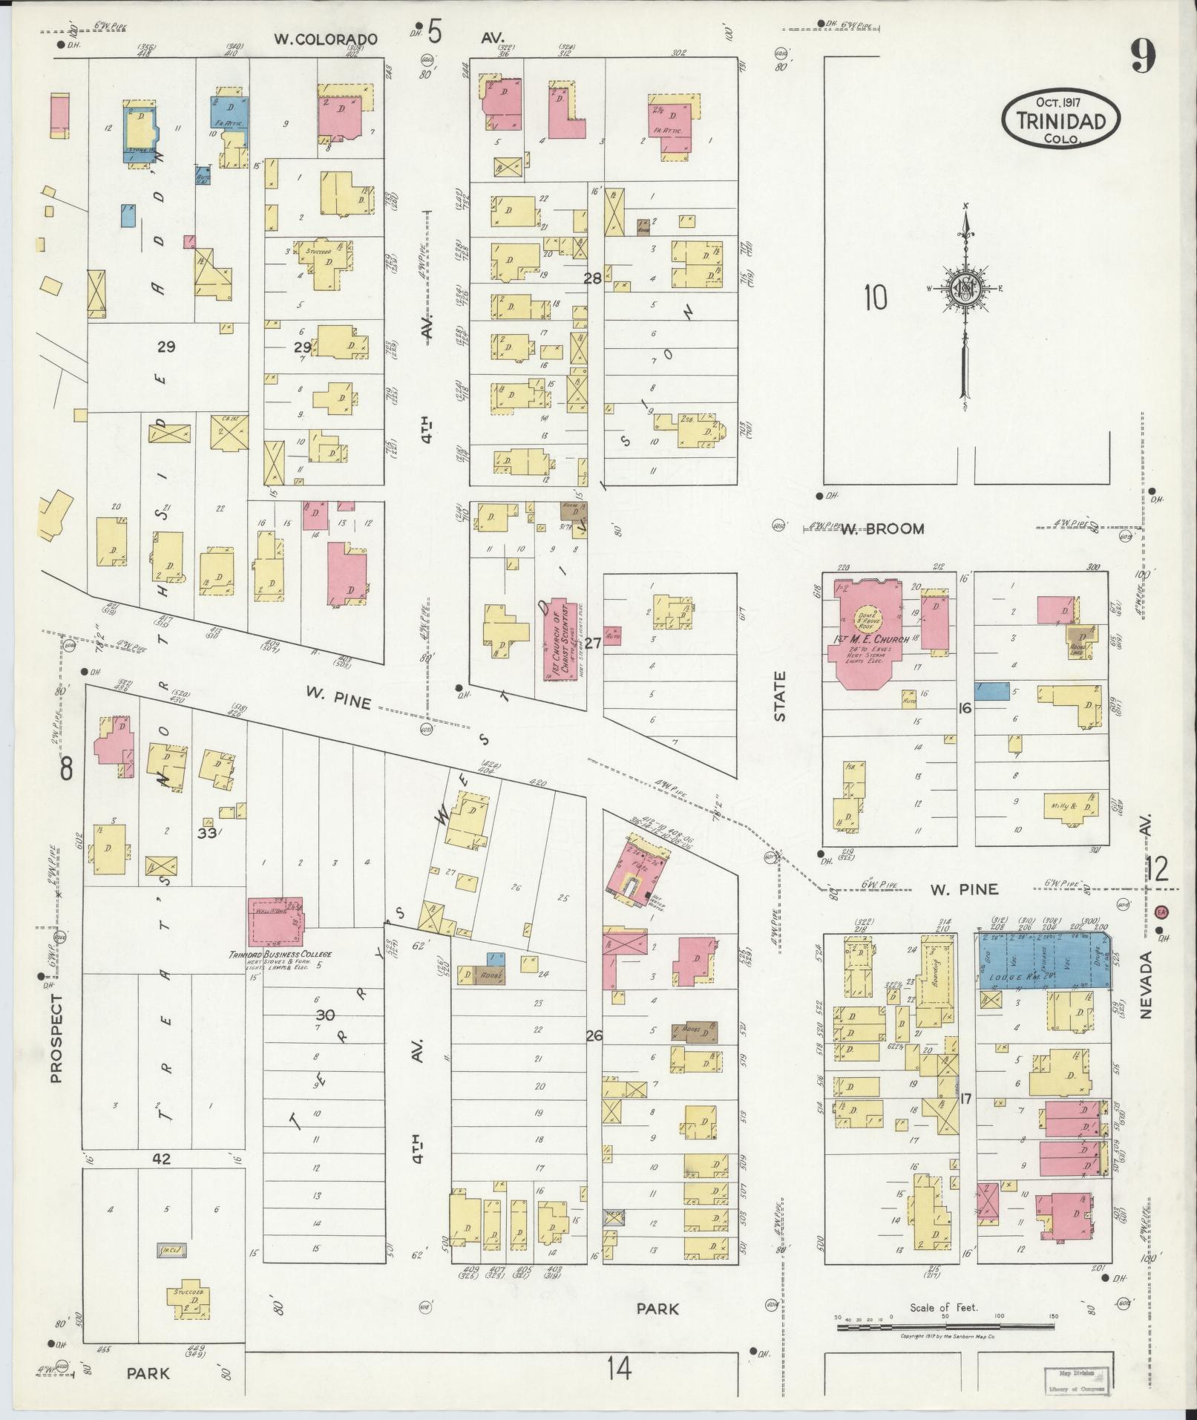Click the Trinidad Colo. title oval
click(x=1060, y=120)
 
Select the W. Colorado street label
click(x=326, y=39)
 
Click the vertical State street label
click(x=780, y=697)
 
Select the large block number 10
click(x=875, y=298)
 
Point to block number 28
click(x=592, y=279)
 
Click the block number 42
click(x=162, y=1159)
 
